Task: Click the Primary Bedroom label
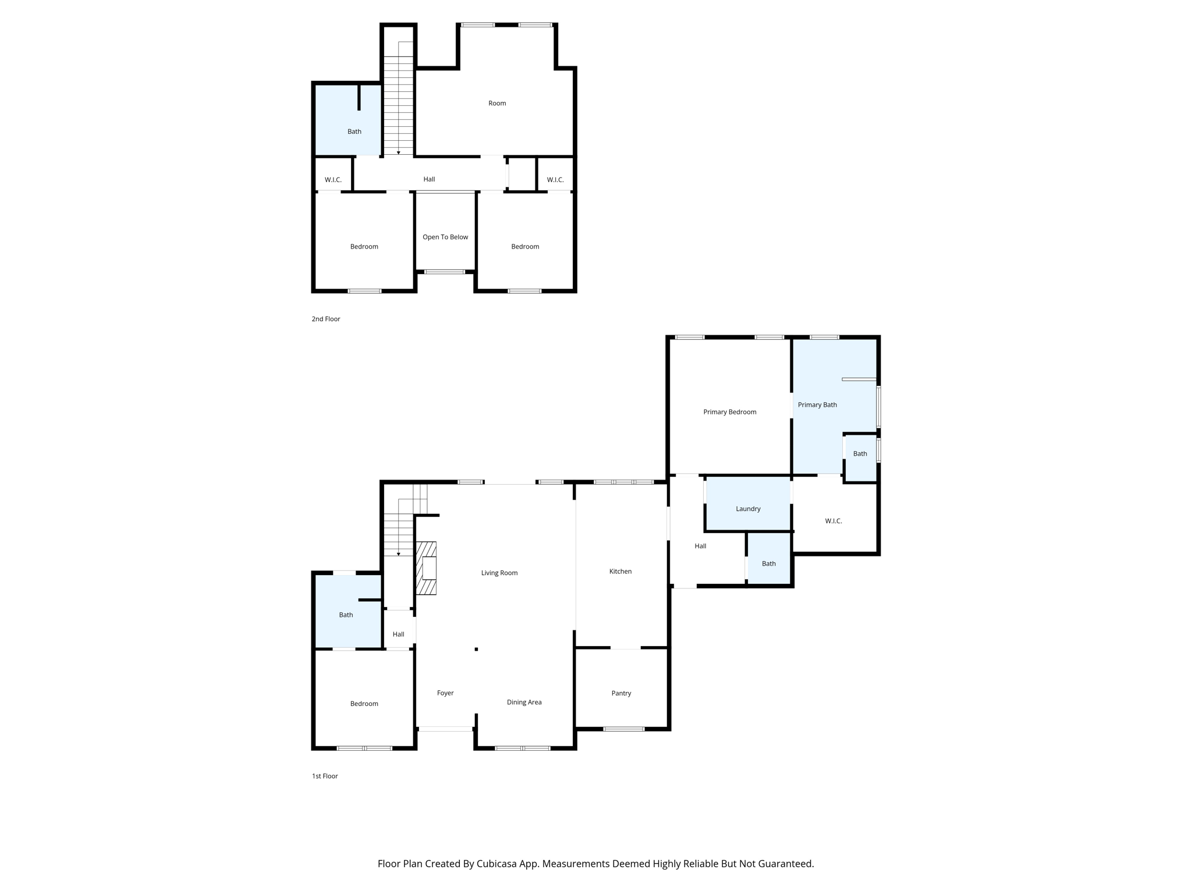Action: [x=729, y=412]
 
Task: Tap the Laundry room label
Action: [x=748, y=509]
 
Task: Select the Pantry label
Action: [x=621, y=693]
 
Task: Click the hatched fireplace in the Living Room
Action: [x=426, y=569]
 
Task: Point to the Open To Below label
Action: [x=445, y=237]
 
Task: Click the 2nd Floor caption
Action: [x=326, y=319]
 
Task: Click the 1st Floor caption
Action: [x=325, y=776]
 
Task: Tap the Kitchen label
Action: [x=620, y=572]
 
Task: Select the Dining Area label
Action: [x=524, y=703]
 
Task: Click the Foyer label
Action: [x=445, y=693]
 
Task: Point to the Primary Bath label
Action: [x=817, y=405]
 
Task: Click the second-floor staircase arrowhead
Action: [x=399, y=153]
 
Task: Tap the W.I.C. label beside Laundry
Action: [x=833, y=521]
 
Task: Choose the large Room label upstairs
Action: [x=497, y=104]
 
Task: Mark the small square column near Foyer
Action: [x=476, y=649]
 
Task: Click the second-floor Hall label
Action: [x=429, y=179]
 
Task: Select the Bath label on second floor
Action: [x=354, y=132]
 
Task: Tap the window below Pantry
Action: [x=623, y=729]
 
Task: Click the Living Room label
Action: [x=499, y=573]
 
